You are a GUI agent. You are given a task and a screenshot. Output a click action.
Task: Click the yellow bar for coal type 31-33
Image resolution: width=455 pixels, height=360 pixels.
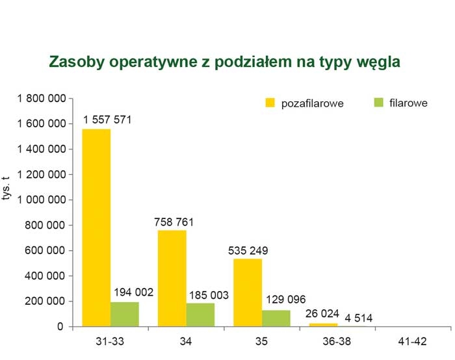[96, 227]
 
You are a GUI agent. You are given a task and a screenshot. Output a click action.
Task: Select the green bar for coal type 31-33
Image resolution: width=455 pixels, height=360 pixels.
[125, 315]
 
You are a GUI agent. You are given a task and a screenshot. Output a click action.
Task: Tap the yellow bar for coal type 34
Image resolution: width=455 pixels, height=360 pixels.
[172, 279]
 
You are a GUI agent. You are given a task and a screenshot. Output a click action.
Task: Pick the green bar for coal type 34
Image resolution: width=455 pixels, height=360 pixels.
[200, 315]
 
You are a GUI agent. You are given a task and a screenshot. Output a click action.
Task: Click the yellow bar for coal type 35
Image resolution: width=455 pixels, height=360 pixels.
[248, 292]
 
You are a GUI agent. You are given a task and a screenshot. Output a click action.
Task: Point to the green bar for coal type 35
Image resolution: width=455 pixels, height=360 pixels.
[276, 318]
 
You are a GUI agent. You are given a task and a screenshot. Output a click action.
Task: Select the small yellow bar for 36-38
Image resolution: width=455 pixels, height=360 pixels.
[324, 325]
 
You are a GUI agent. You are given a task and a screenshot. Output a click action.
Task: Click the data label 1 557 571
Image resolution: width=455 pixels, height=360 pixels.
[107, 120]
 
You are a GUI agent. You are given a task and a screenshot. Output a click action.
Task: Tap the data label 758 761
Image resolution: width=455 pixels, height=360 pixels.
[174, 222]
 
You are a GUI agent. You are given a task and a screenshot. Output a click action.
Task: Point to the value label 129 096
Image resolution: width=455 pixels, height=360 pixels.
[286, 300]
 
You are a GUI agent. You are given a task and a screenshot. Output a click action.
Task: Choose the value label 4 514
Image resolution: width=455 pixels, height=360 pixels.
[359, 318]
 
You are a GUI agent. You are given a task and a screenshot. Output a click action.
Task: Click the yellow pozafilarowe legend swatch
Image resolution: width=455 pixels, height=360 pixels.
[270, 103]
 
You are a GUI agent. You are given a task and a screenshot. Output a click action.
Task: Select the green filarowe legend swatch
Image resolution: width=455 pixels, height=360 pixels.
[379, 103]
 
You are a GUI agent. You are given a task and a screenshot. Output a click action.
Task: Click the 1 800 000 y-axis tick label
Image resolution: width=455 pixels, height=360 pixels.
[42, 99]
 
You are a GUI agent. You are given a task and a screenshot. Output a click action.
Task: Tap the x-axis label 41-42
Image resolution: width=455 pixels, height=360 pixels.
[412, 341]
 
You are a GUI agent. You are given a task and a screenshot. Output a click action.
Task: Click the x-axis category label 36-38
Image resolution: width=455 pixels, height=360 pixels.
[337, 341]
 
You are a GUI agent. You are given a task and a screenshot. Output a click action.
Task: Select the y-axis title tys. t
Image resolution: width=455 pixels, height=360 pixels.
[6, 188]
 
